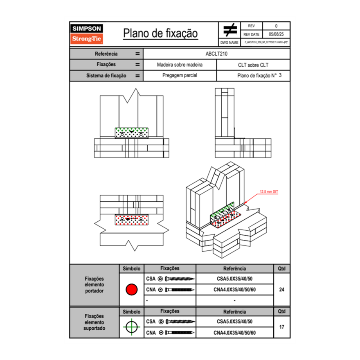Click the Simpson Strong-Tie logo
tap(87, 34)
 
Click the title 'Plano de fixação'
tap(160, 33)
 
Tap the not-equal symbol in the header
tap(230, 30)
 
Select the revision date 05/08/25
tap(276, 34)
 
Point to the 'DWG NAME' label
tap(229, 42)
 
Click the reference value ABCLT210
tap(216, 54)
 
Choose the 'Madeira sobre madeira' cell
tap(180, 65)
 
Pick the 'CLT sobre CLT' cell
tap(253, 65)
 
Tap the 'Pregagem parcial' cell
tap(180, 76)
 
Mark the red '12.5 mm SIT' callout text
tap(269, 191)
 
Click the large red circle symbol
tap(131, 290)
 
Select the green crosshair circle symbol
tap(131, 327)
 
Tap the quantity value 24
tap(281, 290)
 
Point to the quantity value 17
tap(281, 327)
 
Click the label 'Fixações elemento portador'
tap(94, 285)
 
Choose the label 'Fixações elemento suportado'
tap(94, 322)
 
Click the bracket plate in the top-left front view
tap(132, 133)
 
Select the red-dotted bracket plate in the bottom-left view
tap(132, 219)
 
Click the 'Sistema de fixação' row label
tap(106, 76)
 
